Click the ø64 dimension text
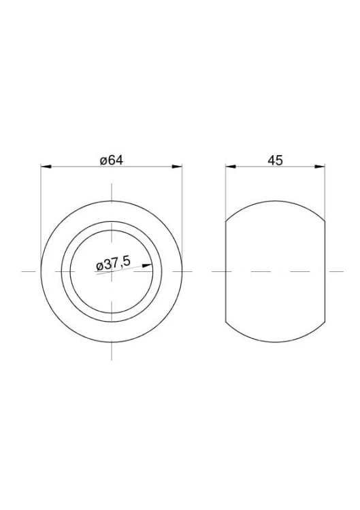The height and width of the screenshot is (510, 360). point(111,160)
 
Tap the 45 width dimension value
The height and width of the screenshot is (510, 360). point(275,160)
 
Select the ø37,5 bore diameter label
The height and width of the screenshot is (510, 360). point(114,264)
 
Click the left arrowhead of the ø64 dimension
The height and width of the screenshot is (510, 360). point(46,166)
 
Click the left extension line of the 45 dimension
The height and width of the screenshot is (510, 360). point(226,190)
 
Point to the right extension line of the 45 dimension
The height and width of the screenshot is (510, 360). point(325,190)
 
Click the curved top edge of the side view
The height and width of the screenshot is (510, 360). point(275,201)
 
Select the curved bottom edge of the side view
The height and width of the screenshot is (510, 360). point(275,342)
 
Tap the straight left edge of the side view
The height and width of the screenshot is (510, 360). point(226,272)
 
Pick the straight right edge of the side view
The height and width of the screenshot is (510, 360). point(325,272)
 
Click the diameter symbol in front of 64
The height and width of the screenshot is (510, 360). point(103,161)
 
